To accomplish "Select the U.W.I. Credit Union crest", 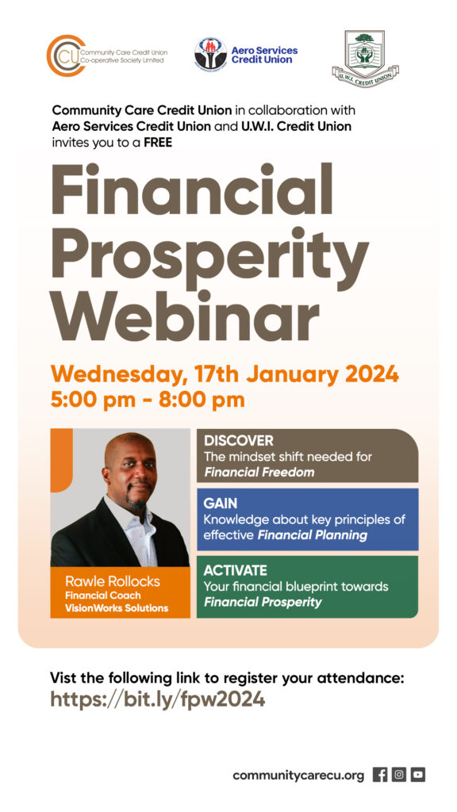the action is point(365,59).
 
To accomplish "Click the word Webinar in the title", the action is point(184,316).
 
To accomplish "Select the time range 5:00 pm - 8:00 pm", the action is point(147,400).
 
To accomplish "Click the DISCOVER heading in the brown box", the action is point(238,441).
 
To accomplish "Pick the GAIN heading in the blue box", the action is point(221,504).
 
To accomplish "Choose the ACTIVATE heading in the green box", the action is point(235,571).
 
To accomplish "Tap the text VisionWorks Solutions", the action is point(117,608).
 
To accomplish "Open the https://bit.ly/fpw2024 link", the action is point(158,699).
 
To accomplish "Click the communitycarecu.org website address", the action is point(298,776).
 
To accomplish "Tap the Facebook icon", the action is point(380,775).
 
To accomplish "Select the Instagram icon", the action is point(399,775).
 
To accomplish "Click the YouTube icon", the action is point(418,775).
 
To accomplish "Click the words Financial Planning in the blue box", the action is point(313,535).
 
